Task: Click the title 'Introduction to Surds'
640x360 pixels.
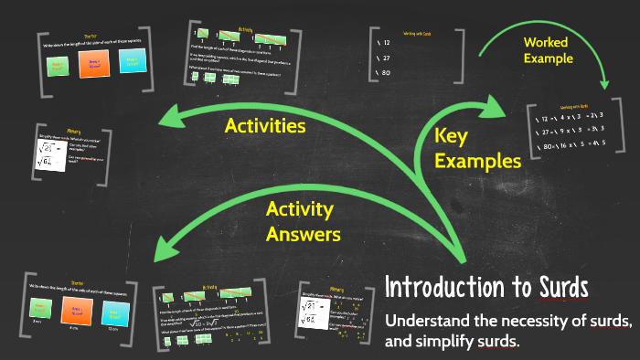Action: click(x=486, y=287)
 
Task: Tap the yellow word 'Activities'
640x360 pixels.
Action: click(x=264, y=124)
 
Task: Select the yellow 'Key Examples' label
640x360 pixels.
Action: click(x=476, y=148)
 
